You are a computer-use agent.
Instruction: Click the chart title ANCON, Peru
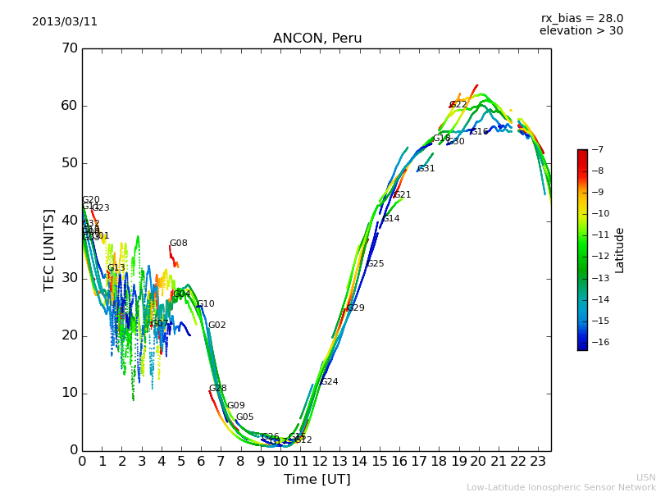[x=317, y=39]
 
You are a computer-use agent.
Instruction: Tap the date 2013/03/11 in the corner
[x=65, y=22]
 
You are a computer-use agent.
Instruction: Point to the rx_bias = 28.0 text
[x=581, y=19]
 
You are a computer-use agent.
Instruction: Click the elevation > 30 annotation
[x=581, y=31]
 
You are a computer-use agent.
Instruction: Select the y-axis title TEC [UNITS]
[x=49, y=249]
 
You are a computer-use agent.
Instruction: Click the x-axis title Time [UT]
[x=317, y=480]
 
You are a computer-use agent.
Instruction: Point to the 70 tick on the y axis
[x=69, y=48]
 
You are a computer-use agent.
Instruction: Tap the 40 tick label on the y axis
[x=69, y=221]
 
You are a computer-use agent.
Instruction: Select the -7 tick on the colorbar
[x=597, y=150]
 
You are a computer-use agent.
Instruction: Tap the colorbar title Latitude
[x=620, y=249]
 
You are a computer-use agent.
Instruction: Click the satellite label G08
[x=178, y=244]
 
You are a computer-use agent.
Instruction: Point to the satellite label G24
[x=329, y=382]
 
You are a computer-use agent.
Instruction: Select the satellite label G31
[x=426, y=169]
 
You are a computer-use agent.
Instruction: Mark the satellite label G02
[x=216, y=326]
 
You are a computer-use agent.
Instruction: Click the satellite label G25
[x=375, y=264]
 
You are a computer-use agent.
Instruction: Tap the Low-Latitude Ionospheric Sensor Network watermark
[x=561, y=487]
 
